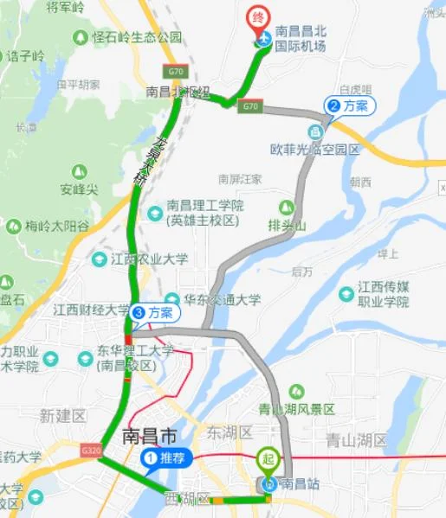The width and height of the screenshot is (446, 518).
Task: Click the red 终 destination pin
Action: pos(257,18)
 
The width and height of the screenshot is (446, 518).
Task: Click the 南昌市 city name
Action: pos(156,437)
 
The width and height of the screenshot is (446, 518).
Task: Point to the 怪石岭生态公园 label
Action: pos(138,37)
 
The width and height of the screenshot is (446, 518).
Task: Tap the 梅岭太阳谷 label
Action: pos(53,226)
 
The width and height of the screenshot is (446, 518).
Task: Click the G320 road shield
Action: pos(89,451)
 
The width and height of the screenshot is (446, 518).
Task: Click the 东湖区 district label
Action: pos(229,432)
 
